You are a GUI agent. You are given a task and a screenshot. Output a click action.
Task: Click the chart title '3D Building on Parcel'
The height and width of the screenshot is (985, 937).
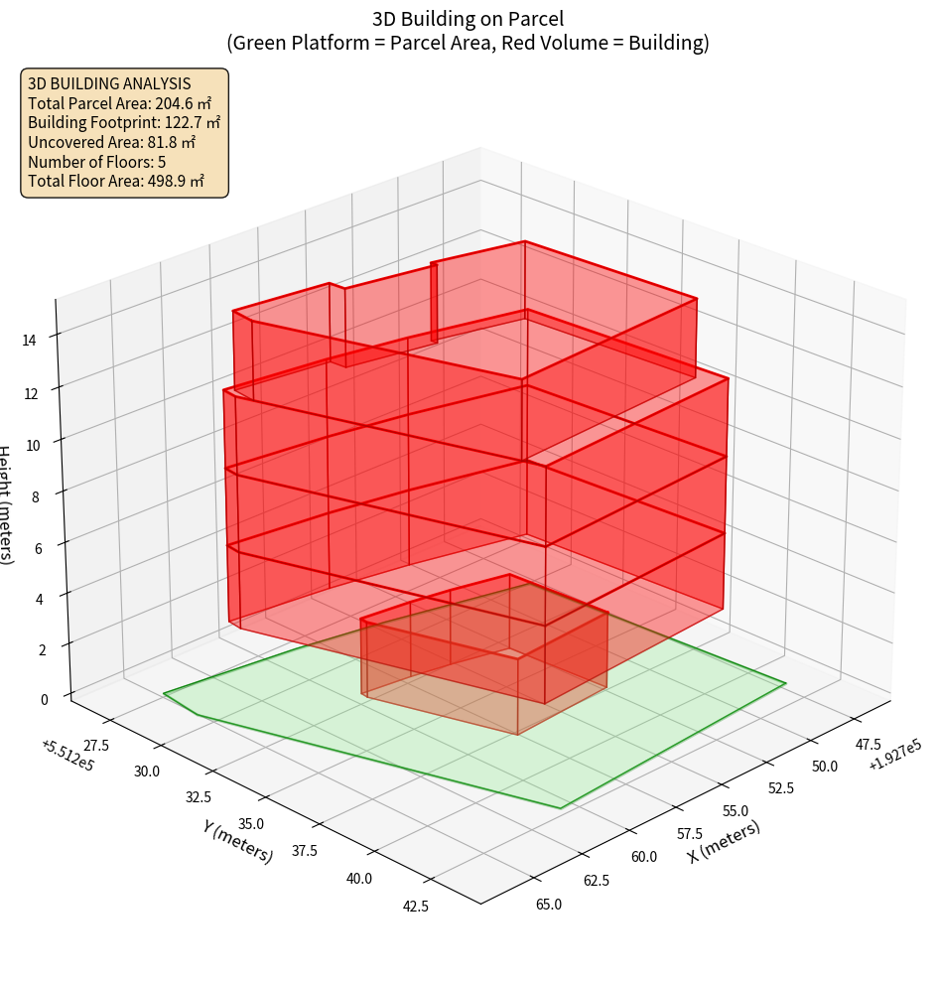[468, 18]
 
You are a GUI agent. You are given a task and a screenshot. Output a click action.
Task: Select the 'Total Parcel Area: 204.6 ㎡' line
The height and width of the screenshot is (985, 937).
[120, 103]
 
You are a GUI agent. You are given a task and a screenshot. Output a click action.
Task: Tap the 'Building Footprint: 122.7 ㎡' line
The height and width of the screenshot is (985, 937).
[124, 123]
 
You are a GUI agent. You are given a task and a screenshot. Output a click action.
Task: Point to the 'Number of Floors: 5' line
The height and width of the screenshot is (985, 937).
[97, 162]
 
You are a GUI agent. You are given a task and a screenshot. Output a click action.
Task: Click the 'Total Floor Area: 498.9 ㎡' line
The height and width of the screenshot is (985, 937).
[116, 182]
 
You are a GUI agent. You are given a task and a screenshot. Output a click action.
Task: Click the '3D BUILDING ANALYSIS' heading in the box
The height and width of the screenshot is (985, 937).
[109, 84]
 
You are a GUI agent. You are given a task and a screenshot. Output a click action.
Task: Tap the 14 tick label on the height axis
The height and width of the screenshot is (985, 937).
[31, 341]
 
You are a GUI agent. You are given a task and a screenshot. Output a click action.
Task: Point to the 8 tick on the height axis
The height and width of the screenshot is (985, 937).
[35, 496]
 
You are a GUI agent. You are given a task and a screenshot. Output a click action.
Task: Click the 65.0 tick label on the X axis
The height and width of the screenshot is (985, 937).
[549, 905]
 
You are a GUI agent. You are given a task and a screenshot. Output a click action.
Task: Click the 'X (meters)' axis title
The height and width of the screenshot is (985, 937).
[725, 841]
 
